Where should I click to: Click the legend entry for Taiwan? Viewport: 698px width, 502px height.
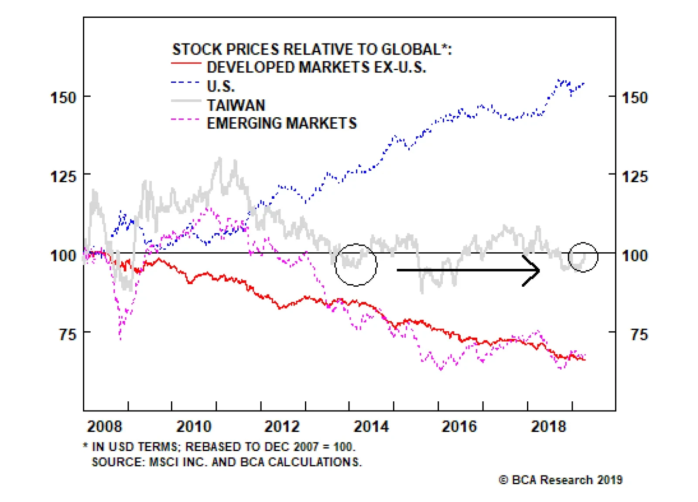(236, 105)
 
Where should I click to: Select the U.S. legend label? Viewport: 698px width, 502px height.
(220, 86)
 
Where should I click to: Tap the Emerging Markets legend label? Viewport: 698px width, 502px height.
(281, 123)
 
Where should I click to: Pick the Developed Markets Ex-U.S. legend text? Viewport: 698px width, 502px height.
(316, 68)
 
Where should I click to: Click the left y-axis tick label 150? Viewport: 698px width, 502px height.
(64, 97)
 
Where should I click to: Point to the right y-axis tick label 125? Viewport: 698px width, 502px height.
(634, 176)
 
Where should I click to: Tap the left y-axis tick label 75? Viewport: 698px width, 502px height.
(68, 335)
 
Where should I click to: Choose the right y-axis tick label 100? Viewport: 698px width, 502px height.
(634, 255)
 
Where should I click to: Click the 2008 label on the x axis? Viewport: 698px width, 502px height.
(105, 426)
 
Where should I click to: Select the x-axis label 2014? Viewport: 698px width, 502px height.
(371, 426)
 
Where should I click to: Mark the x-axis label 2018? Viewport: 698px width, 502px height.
(548, 426)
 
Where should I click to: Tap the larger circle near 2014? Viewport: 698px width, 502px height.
(356, 265)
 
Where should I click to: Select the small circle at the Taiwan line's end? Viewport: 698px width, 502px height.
(583, 257)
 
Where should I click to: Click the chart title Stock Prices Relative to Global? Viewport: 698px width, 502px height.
(312, 49)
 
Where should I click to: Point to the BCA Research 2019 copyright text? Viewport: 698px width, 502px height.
(561, 480)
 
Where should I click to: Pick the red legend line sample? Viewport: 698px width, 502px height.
(186, 64)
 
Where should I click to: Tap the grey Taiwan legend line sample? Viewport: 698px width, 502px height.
(186, 101)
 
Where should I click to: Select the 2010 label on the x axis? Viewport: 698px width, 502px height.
(194, 426)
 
